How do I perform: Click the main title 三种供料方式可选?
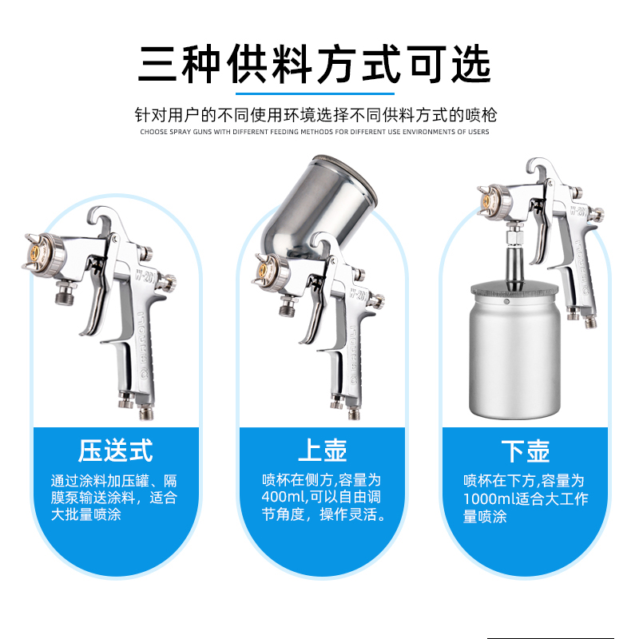pos(314,64)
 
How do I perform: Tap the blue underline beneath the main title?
pos(315,93)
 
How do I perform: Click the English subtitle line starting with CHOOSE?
pos(314,132)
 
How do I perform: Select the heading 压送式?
pos(116,450)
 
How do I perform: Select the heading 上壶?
pos(322,450)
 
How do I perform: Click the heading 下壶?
pos(526,451)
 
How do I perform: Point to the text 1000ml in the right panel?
pos(488,498)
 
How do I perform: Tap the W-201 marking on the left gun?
pos(144,279)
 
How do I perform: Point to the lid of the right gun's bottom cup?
pos(515,290)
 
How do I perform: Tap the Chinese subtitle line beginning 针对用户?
pos(316,115)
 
